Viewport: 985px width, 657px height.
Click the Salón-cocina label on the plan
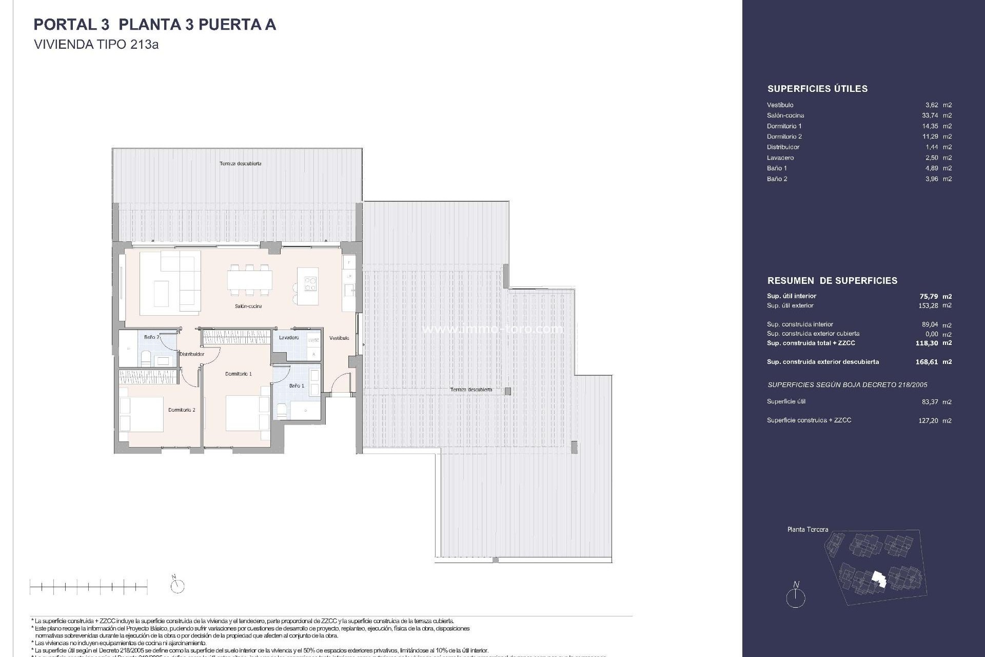coord(248,306)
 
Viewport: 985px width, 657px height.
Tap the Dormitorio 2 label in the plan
coord(182,410)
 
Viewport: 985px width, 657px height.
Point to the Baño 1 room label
coord(297,385)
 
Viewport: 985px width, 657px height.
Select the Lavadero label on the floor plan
coord(289,338)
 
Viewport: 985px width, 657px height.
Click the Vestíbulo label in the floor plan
coord(339,338)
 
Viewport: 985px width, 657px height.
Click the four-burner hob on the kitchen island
coord(311,284)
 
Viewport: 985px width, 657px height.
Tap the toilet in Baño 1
coord(282,409)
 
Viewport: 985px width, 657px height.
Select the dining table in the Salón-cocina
coord(250,280)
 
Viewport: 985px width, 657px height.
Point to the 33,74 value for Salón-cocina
coord(930,115)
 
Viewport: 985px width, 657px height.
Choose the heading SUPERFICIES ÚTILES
coord(817,89)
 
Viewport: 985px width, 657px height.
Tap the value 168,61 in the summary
coord(927,362)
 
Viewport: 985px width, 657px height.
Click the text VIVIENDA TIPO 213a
coord(96,45)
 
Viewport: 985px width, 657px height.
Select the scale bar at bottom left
coord(89,586)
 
